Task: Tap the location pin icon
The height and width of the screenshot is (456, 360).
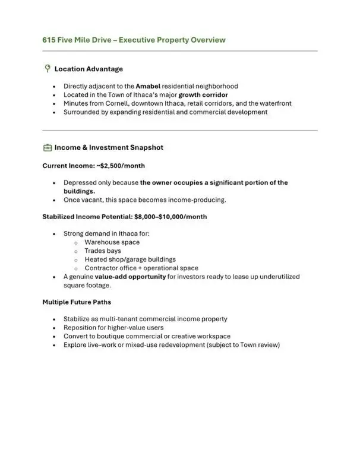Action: coord(47,69)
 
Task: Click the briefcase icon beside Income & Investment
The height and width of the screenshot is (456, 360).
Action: coord(47,148)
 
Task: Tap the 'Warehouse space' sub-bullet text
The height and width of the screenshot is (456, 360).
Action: coord(112,243)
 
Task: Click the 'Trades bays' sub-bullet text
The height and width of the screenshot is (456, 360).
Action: coord(103,251)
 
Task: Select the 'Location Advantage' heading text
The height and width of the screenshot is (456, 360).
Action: coord(89,69)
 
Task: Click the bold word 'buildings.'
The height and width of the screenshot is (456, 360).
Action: coord(80,192)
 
